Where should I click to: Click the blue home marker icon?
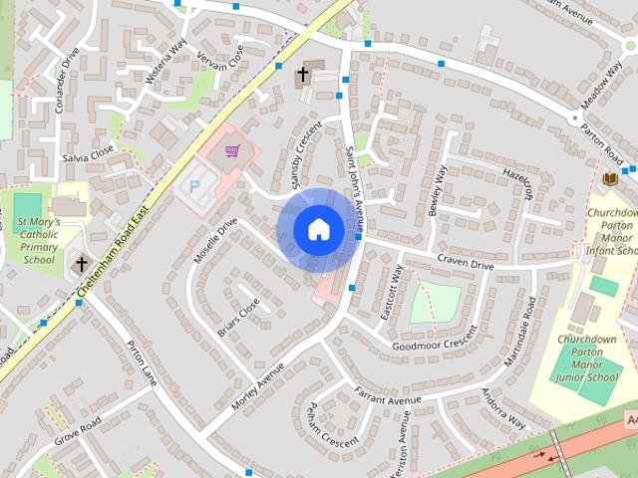tap(318, 229)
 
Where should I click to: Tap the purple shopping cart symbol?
tap(232, 151)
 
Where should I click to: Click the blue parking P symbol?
tap(195, 185)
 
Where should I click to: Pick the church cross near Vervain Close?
tap(303, 74)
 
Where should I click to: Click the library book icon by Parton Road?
tap(610, 178)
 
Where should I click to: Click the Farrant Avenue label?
tap(386, 400)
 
